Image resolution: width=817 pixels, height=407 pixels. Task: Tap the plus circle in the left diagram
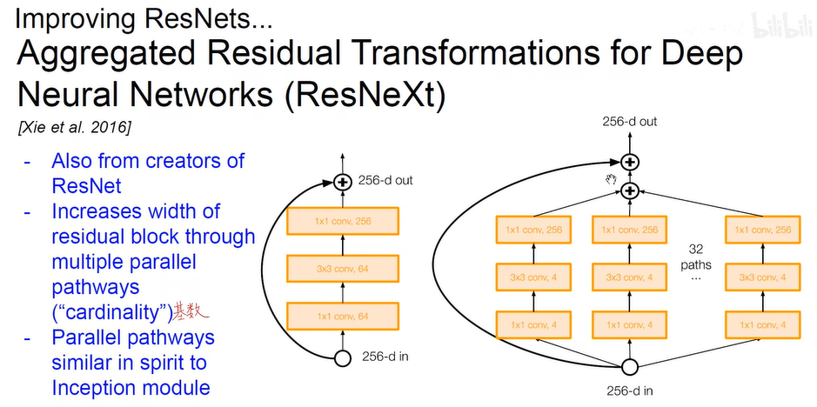click(x=342, y=182)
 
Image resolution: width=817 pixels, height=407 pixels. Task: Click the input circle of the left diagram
click(x=342, y=357)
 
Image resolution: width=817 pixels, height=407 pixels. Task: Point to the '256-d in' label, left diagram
click(x=385, y=357)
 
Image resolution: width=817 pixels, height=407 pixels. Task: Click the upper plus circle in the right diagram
click(x=629, y=162)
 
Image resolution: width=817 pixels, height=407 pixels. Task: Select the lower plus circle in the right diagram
click(x=629, y=190)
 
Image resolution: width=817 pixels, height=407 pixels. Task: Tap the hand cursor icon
click(x=611, y=178)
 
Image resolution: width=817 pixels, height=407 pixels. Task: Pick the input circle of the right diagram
click(x=629, y=366)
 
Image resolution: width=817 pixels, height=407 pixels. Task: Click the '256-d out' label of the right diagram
click(x=629, y=122)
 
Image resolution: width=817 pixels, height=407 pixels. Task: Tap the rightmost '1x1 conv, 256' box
click(x=760, y=230)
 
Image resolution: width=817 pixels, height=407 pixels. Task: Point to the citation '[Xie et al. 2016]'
click(x=74, y=128)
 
